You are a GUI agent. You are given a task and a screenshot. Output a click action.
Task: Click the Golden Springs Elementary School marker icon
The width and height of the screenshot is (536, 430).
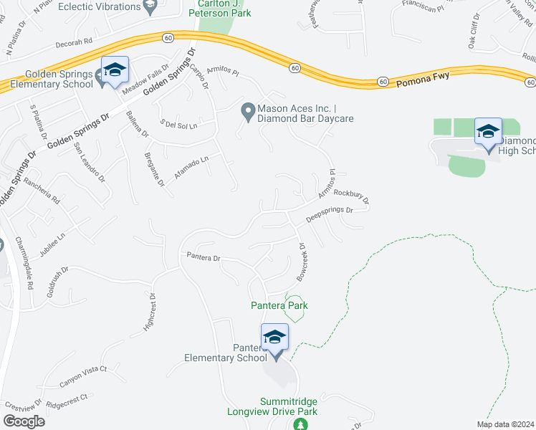114,70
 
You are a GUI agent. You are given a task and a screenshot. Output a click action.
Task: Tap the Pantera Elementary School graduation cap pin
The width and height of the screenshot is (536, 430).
274,338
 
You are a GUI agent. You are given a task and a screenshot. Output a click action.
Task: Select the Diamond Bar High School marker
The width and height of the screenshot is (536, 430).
488,132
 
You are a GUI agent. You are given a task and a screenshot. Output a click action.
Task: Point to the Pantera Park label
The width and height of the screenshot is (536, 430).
279,305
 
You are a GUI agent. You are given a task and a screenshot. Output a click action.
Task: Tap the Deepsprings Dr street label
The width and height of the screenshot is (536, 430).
330,214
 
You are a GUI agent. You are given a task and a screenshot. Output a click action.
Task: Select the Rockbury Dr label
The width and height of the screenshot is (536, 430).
351,196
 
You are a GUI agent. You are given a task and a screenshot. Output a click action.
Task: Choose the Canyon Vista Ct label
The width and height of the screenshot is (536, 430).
82,377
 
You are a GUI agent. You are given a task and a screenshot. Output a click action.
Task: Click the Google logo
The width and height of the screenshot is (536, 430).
24,421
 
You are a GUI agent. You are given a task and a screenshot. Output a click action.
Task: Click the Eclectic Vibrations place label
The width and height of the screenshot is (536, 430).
100,6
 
